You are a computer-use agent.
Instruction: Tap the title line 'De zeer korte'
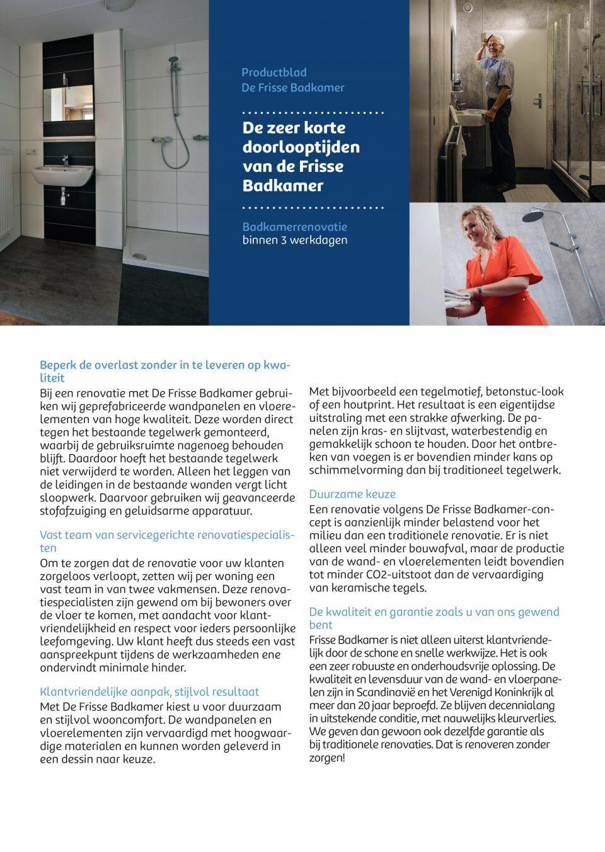pos(294,127)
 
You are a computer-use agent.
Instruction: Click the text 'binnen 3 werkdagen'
pos(295,240)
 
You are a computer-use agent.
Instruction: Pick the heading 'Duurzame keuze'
pos(352,494)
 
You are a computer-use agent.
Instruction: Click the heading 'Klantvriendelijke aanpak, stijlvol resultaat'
pos(149,691)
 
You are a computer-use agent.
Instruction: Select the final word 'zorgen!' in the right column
pos(327,758)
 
